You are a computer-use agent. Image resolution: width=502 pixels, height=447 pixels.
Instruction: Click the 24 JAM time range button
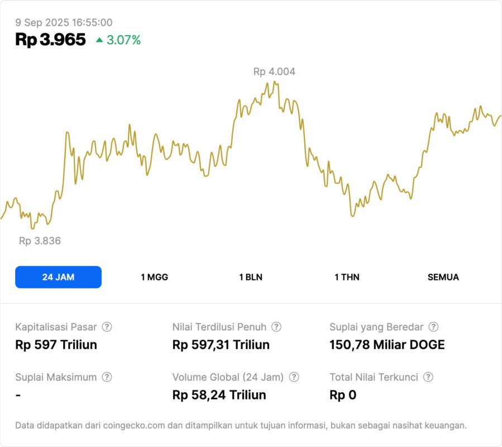point(58,277)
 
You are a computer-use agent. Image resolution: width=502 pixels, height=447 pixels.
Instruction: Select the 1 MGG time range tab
point(154,277)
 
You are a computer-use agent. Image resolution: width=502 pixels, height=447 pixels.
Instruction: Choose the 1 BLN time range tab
point(251,277)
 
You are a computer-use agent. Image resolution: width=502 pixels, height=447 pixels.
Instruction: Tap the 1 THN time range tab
point(347,277)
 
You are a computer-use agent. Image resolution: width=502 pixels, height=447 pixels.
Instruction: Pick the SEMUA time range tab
point(443,277)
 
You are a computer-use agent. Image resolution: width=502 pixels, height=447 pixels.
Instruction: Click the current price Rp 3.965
point(51,40)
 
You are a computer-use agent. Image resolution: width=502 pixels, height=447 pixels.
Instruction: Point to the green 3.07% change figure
point(125,40)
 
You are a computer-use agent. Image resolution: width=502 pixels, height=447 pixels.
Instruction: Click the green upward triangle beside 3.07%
point(99,40)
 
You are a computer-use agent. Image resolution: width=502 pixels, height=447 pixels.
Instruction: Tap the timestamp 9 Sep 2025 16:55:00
point(64,22)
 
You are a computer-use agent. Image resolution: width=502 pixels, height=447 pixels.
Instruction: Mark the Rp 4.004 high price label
point(274,72)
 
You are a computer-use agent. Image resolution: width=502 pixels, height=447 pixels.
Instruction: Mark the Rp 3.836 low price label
point(40,241)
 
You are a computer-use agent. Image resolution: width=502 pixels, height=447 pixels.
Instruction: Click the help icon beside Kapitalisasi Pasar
point(107,327)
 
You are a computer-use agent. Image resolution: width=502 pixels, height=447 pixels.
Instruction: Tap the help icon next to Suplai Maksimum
point(107,377)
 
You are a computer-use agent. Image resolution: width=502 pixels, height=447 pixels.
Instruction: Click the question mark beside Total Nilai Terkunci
point(428,377)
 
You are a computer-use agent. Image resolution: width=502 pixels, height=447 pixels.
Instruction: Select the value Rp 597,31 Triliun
point(221,345)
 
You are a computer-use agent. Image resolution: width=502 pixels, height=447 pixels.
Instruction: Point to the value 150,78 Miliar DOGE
point(387,345)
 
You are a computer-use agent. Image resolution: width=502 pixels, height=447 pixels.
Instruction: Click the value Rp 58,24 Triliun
point(219,395)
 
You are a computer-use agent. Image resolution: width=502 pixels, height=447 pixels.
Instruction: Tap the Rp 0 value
point(343,395)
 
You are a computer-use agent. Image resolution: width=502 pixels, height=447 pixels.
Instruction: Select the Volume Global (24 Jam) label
point(228,377)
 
